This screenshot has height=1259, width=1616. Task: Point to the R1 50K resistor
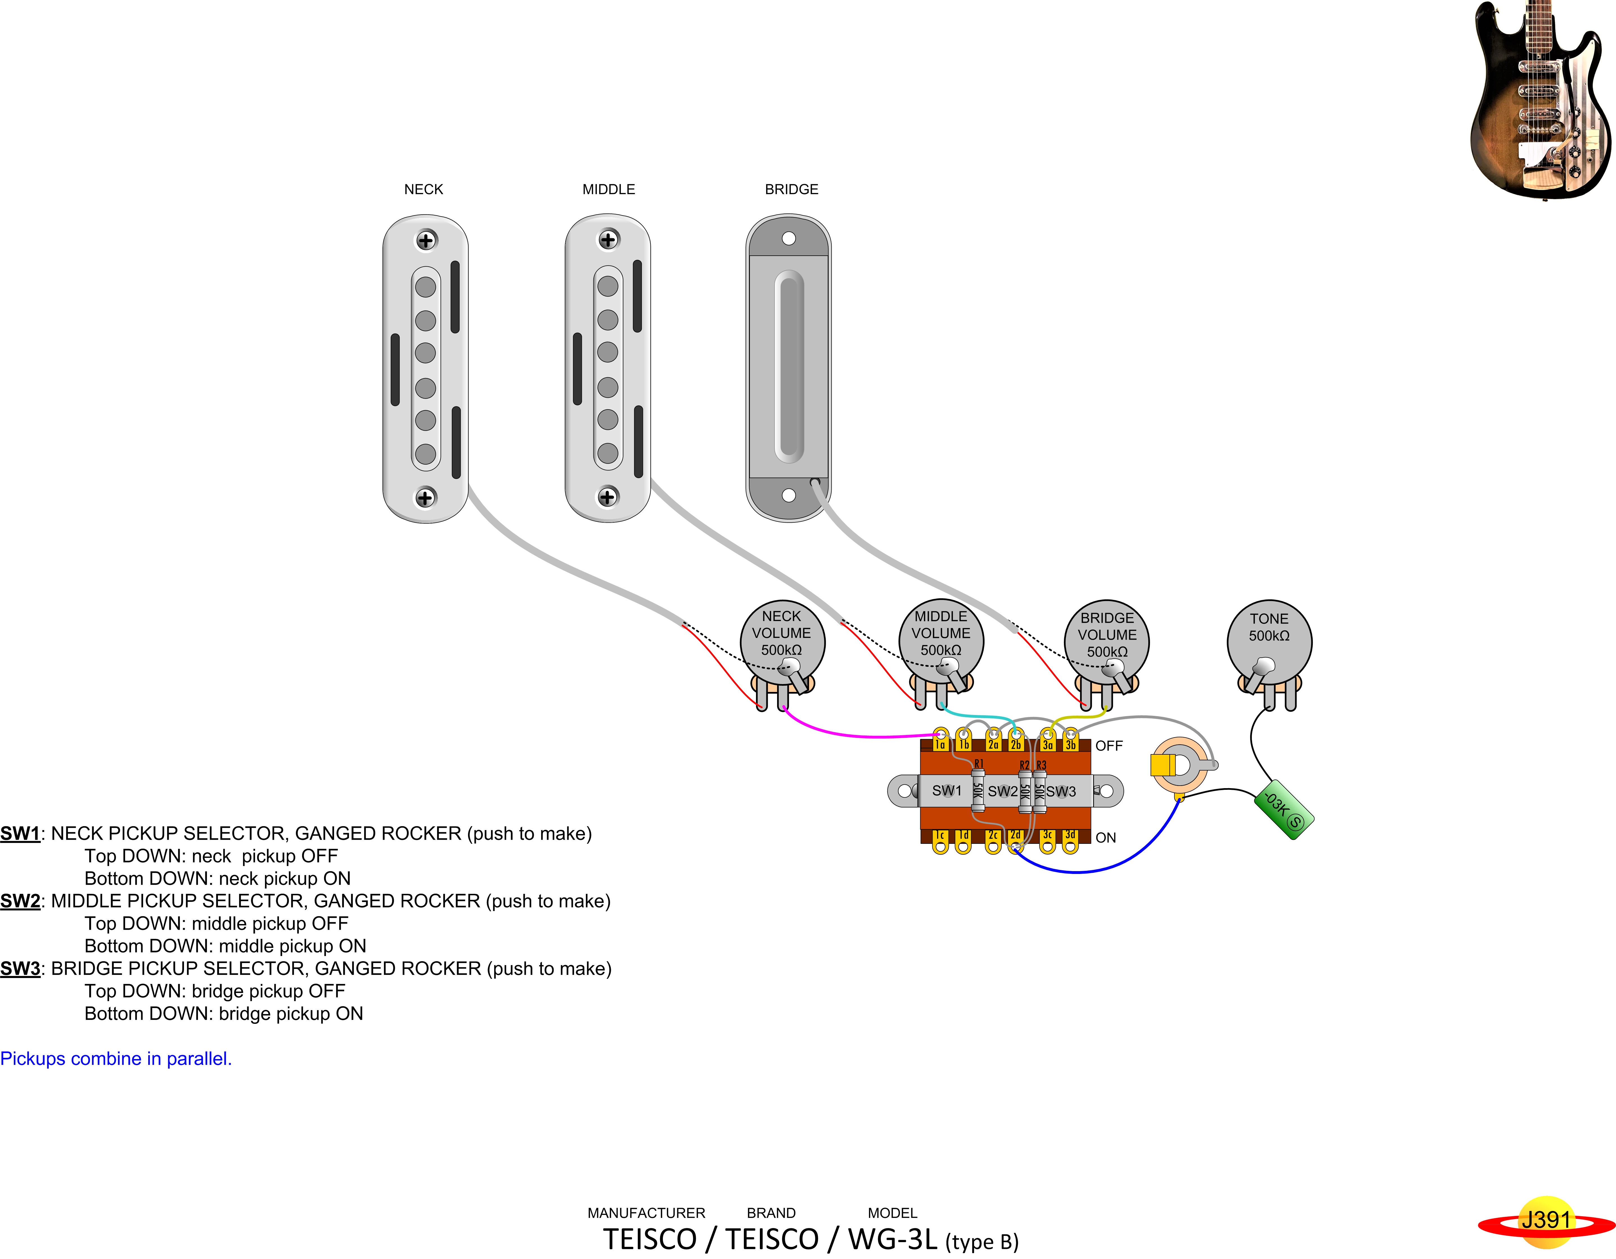coord(977,790)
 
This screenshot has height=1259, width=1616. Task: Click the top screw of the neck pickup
coord(426,240)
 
